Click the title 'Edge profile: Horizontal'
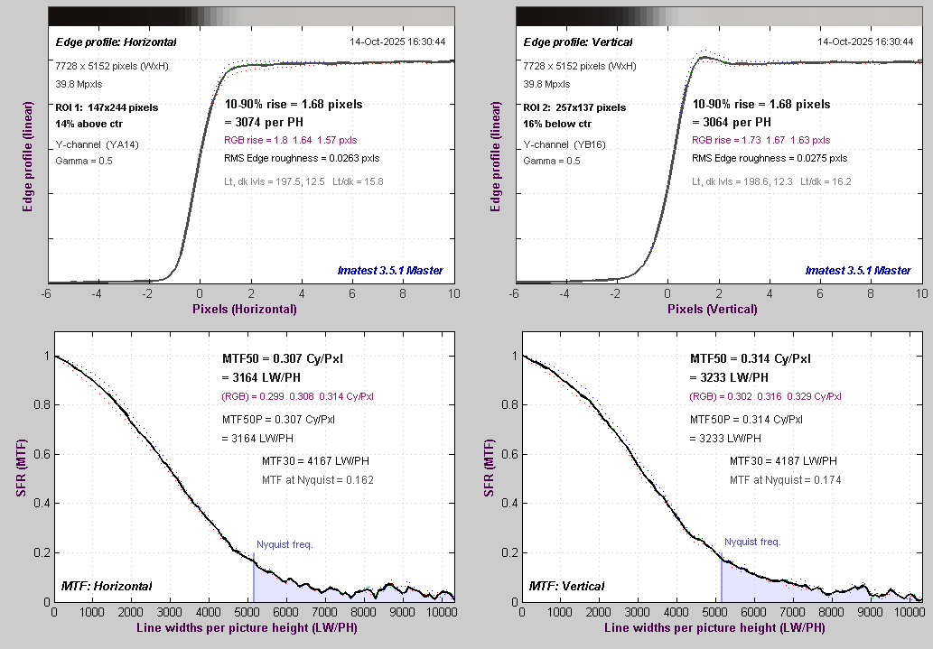tap(116, 42)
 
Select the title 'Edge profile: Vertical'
tap(578, 42)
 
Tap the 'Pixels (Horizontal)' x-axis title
tap(244, 309)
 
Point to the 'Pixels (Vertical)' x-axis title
tap(712, 309)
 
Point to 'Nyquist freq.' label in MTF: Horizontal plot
tap(285, 542)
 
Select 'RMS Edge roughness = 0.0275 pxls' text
tap(770, 158)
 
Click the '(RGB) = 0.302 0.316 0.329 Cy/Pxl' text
tap(766, 396)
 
